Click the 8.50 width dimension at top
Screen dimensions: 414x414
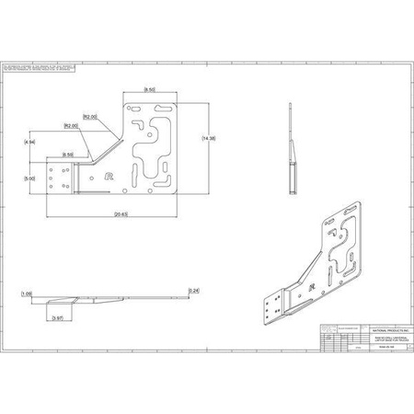149,88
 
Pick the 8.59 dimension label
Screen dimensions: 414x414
68,154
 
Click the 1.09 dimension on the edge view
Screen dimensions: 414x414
26,294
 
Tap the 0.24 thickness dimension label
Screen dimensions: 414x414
192,291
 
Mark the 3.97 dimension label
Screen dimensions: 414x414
58,317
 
